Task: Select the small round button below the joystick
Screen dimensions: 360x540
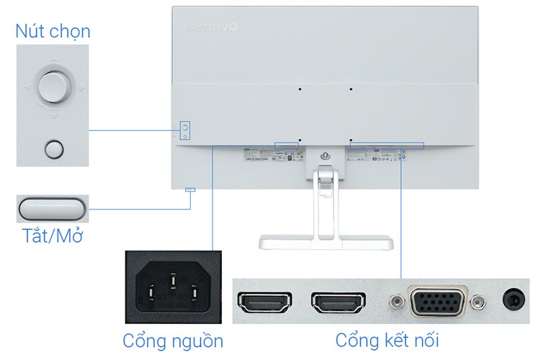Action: click(53, 148)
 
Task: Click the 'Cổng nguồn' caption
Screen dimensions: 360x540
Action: click(173, 340)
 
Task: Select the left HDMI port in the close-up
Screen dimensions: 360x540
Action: click(264, 303)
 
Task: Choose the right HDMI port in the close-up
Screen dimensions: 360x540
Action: click(336, 303)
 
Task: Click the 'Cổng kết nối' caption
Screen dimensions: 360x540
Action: click(387, 340)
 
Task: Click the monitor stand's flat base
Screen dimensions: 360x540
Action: click(328, 243)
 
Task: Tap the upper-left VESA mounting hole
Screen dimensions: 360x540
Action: click(299, 89)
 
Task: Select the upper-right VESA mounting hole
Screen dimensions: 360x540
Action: click(351, 89)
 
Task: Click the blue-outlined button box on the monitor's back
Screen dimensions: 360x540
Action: click(184, 130)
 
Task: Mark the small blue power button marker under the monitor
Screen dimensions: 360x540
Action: click(190, 190)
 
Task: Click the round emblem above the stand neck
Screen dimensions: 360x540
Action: click(325, 155)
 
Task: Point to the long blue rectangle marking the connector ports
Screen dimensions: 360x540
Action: click(387, 145)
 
